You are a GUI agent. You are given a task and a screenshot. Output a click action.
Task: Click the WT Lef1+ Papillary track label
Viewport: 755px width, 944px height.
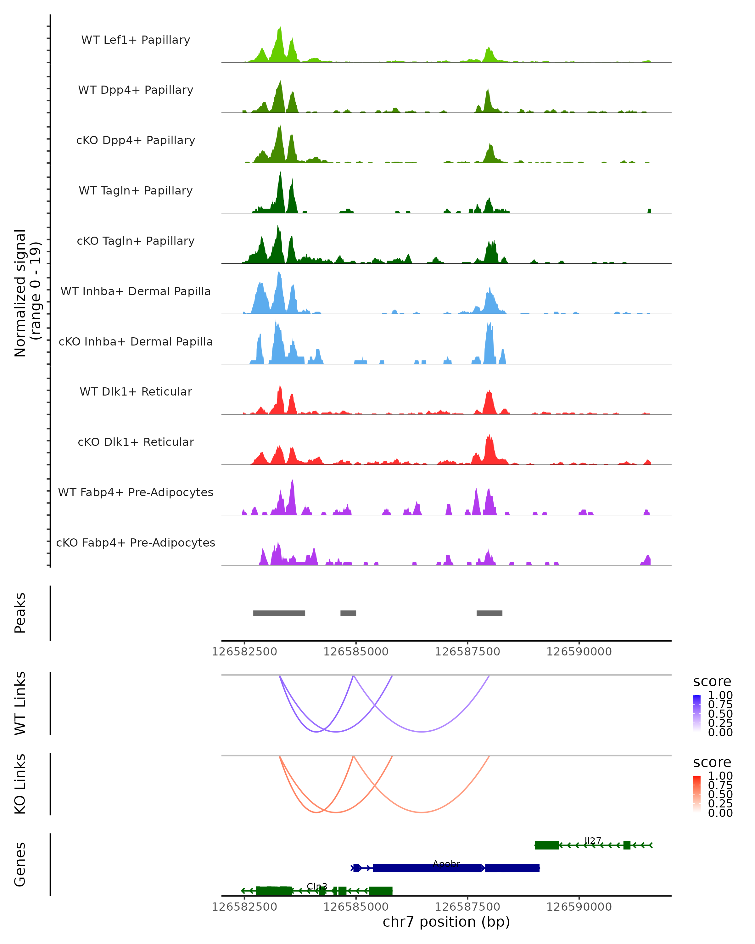click(x=136, y=40)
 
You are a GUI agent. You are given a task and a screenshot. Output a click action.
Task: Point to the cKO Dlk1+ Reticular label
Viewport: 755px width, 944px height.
click(x=136, y=442)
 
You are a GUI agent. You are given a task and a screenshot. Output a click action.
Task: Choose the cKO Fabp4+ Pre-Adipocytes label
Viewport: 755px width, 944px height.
click(x=136, y=542)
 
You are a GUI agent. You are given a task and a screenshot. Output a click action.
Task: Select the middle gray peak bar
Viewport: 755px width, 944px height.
click(x=348, y=613)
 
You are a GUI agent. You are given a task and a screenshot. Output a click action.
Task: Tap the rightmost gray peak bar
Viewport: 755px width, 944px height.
click(x=489, y=613)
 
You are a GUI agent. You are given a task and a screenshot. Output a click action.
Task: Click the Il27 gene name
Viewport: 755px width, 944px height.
click(x=593, y=841)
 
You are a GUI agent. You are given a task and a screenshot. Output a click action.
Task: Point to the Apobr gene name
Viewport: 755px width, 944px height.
click(x=446, y=864)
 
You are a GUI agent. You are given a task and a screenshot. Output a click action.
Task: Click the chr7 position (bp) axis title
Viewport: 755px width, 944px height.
click(x=446, y=922)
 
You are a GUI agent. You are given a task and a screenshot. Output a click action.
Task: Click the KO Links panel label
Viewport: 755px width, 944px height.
click(x=20, y=784)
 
